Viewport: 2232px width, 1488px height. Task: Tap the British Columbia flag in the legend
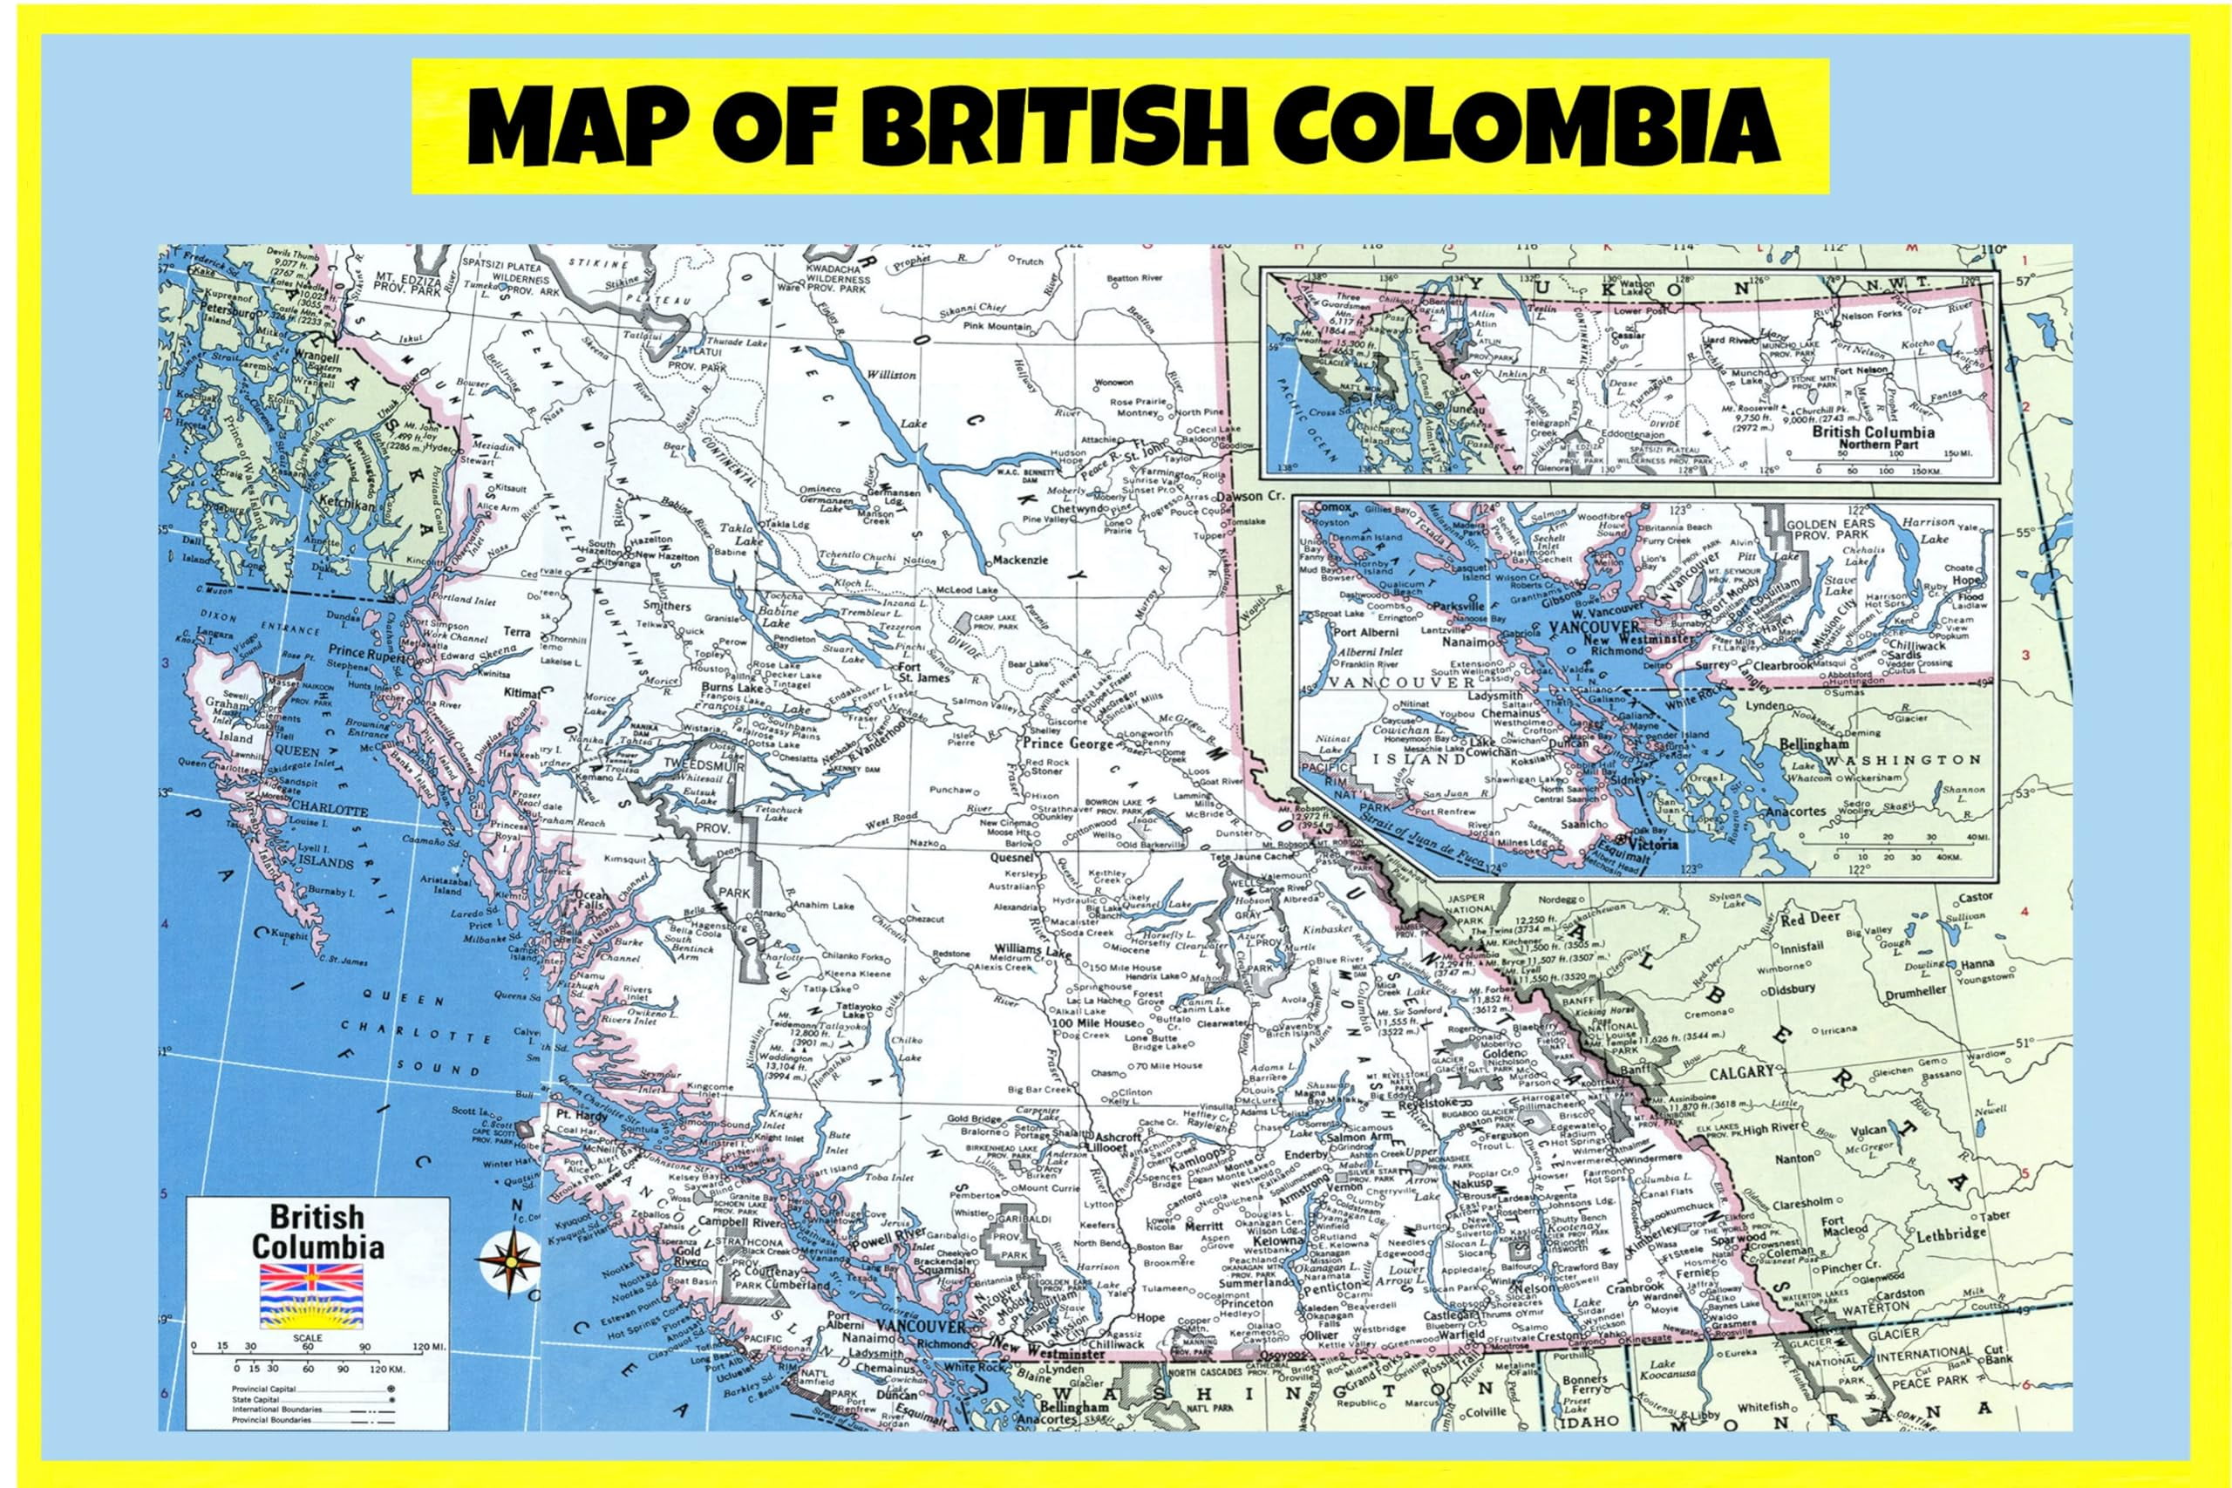tap(311, 1294)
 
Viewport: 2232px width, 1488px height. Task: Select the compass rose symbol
tap(509, 1261)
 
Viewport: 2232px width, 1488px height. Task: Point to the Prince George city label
tap(1067, 745)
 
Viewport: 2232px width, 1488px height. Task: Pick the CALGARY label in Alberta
tap(1741, 1072)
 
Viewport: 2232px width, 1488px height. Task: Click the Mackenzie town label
tap(1021, 560)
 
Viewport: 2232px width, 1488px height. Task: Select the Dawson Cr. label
tap(1249, 496)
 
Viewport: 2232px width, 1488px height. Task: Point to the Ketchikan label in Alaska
tap(350, 505)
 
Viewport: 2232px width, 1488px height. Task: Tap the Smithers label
tap(666, 606)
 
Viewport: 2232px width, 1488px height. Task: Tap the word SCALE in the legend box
tap(309, 1338)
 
